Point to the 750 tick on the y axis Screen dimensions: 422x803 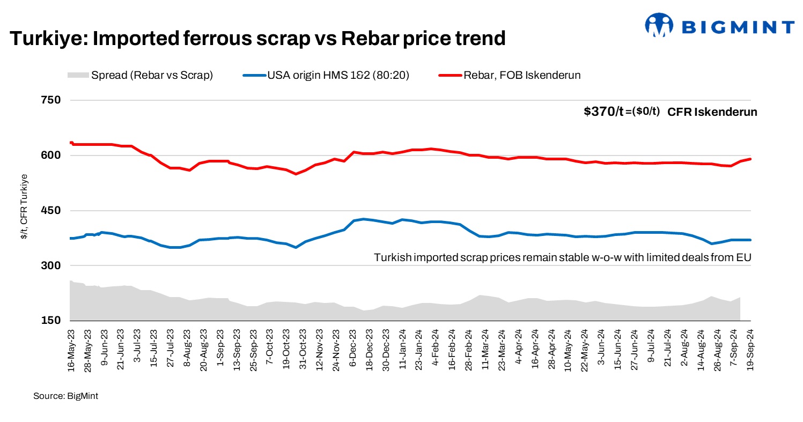click(50, 100)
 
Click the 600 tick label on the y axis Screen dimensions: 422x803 click(50, 156)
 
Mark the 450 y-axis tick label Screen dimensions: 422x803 click(50, 211)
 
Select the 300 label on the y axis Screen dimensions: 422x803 click(50, 266)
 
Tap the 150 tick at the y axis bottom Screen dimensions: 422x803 click(50, 321)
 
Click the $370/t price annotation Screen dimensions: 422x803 click(603, 112)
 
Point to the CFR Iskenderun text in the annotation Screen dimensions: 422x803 click(712, 112)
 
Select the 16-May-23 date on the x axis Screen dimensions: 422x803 click(71, 347)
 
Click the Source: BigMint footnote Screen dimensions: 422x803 click(65, 396)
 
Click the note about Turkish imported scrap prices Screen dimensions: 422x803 click(562, 257)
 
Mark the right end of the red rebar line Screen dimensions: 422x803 click(750, 159)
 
